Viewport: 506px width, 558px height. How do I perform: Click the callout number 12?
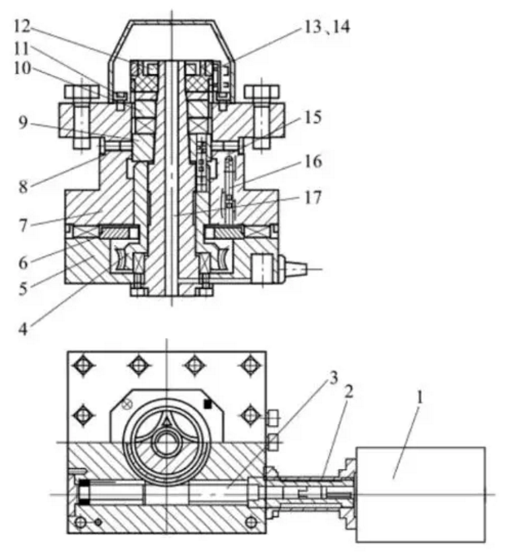tap(22, 27)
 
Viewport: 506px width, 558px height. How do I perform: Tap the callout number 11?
tap(21, 48)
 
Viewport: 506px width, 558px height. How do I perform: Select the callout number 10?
tap(22, 69)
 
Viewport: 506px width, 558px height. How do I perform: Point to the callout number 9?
tap(22, 123)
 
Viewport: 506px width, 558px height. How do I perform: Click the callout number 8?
tap(23, 187)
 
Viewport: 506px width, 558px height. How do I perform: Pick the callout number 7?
tap(23, 226)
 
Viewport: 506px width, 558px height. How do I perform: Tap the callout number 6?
tap(23, 263)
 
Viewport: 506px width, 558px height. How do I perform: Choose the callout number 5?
tap(23, 288)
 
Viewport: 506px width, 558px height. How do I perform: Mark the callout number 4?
tap(23, 330)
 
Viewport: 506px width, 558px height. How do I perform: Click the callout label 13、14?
tap(327, 27)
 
